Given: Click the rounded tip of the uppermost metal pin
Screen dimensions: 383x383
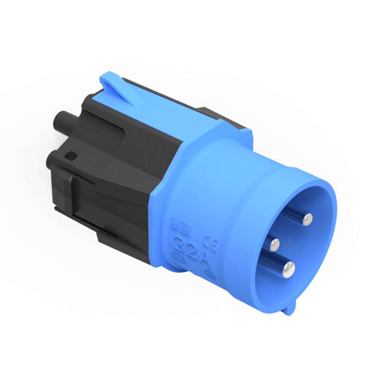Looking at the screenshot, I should pyautogui.click(x=307, y=219).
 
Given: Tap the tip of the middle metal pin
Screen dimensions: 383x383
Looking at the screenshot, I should pyautogui.click(x=274, y=244).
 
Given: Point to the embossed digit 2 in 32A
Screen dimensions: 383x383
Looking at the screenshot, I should pyautogui.click(x=193, y=250).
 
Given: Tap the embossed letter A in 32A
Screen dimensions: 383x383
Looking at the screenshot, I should pyautogui.click(x=205, y=258).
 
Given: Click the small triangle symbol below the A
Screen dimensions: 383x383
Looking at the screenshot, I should pyautogui.click(x=210, y=273).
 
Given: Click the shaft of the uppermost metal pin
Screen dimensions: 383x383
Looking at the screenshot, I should pyautogui.click(x=293, y=213).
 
